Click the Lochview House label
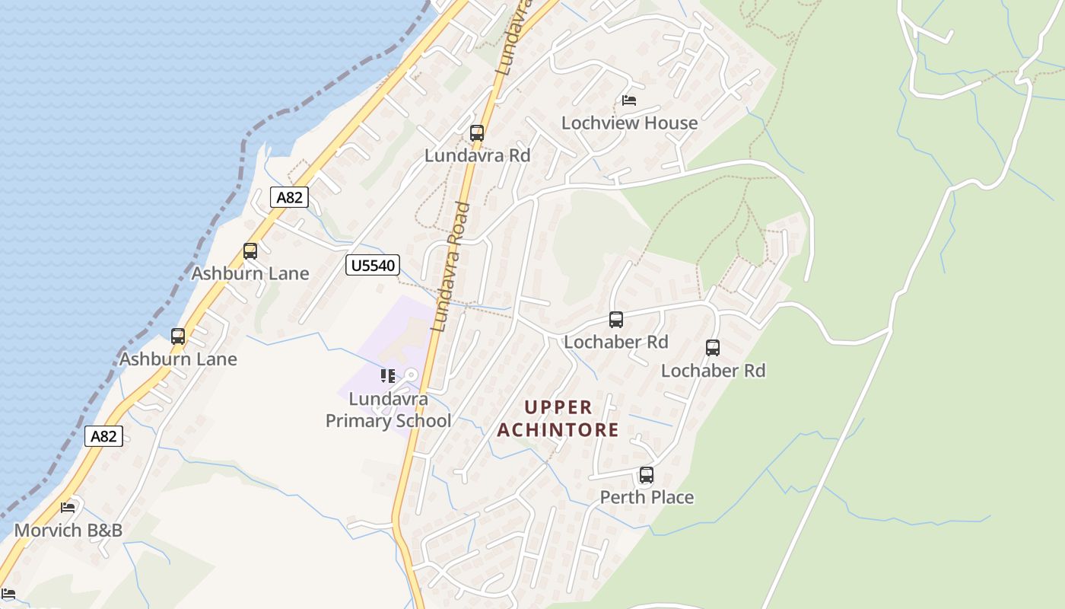tap(629, 123)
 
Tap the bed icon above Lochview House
tap(629, 100)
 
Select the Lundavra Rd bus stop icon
tap(477, 133)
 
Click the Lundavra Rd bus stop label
tap(477, 155)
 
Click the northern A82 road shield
tap(289, 198)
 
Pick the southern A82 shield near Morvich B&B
tap(103, 436)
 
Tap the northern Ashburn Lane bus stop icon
tap(250, 251)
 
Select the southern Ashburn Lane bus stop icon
tap(178, 336)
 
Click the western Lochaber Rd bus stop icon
tap(616, 320)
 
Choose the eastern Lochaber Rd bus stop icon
tap(713, 348)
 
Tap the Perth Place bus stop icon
tap(647, 475)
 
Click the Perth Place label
tap(647, 497)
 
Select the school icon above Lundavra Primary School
tap(388, 376)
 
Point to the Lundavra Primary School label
tap(388, 410)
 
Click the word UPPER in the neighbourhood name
tap(558, 407)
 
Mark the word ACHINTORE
tap(558, 430)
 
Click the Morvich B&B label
tap(68, 530)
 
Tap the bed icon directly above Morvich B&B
tap(68, 507)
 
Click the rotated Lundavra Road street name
tap(450, 266)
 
